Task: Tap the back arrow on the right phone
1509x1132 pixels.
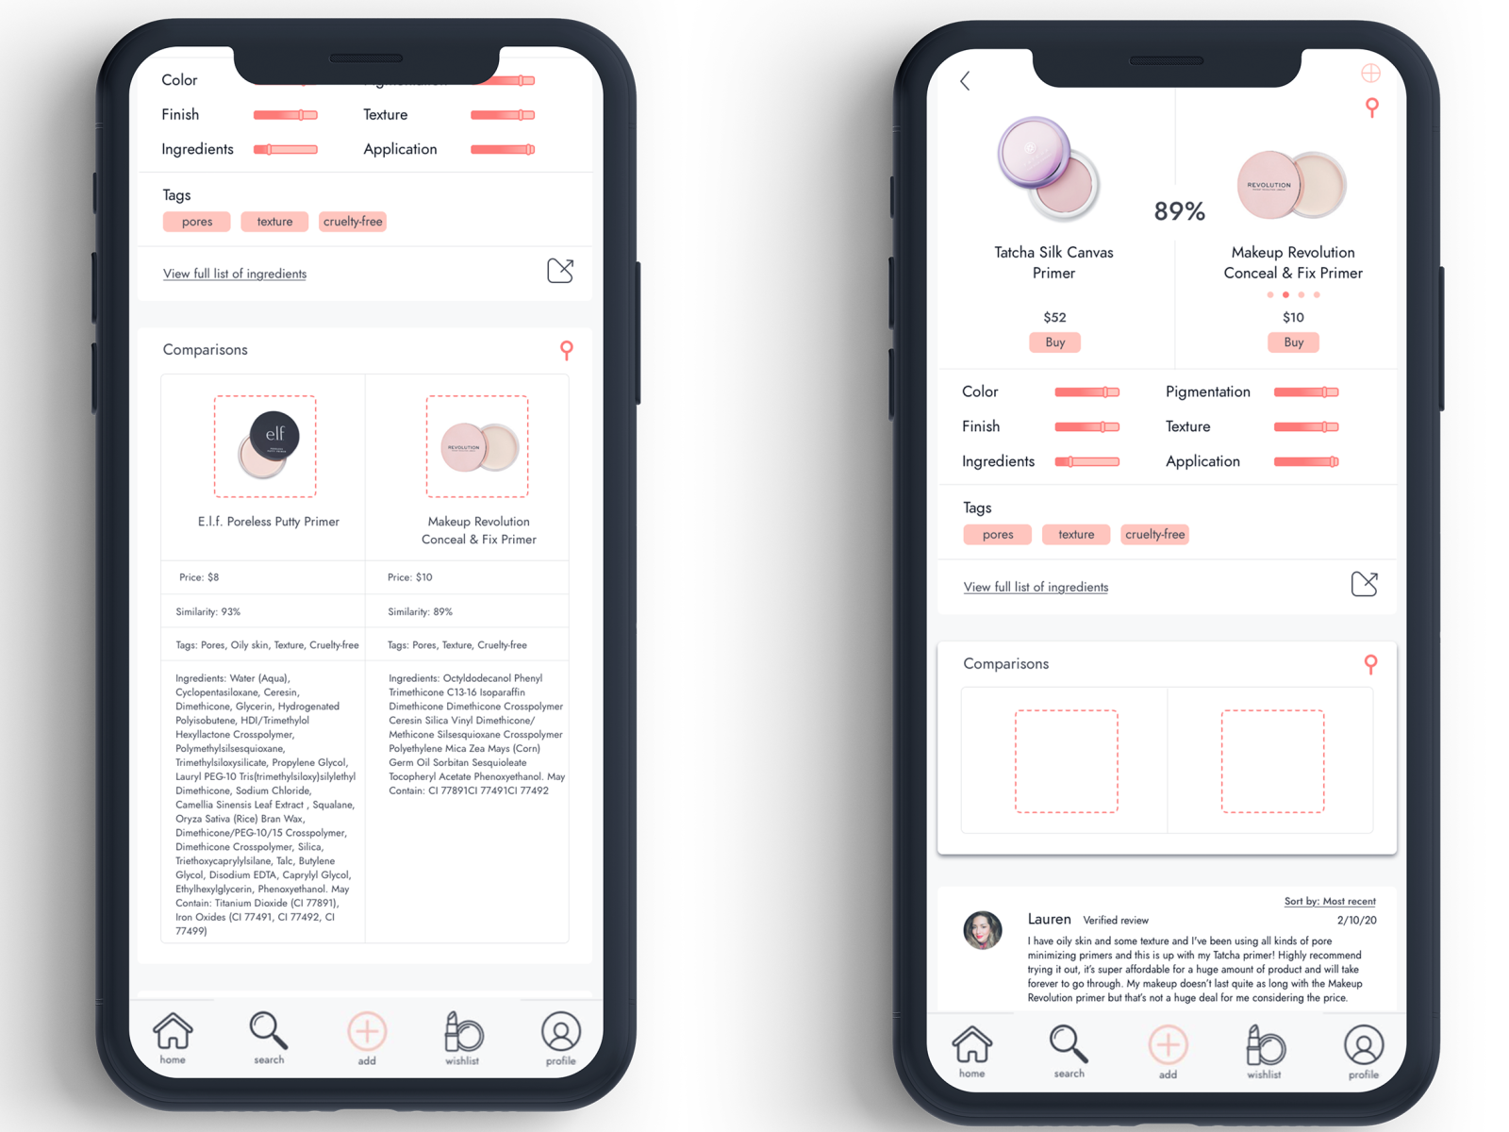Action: tap(965, 81)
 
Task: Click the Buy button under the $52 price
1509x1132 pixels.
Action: tap(1054, 342)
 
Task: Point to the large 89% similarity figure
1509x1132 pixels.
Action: tap(1179, 211)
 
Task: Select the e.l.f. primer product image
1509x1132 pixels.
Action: tap(265, 446)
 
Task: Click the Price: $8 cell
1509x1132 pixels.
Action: tap(199, 577)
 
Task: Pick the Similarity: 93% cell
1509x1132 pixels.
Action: tap(208, 612)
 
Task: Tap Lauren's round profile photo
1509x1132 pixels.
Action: tap(983, 930)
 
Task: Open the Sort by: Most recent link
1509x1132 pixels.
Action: tap(1330, 902)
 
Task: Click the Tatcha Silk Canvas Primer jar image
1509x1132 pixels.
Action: tap(1048, 167)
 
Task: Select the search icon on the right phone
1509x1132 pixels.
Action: tap(1069, 1046)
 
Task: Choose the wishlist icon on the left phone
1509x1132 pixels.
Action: tap(463, 1034)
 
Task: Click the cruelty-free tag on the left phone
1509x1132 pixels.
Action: tap(353, 222)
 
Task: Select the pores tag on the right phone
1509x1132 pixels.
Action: tap(998, 535)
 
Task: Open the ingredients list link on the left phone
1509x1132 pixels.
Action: tap(235, 274)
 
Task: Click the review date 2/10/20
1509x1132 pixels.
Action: tap(1356, 920)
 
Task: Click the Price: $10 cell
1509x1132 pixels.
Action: tap(410, 577)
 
